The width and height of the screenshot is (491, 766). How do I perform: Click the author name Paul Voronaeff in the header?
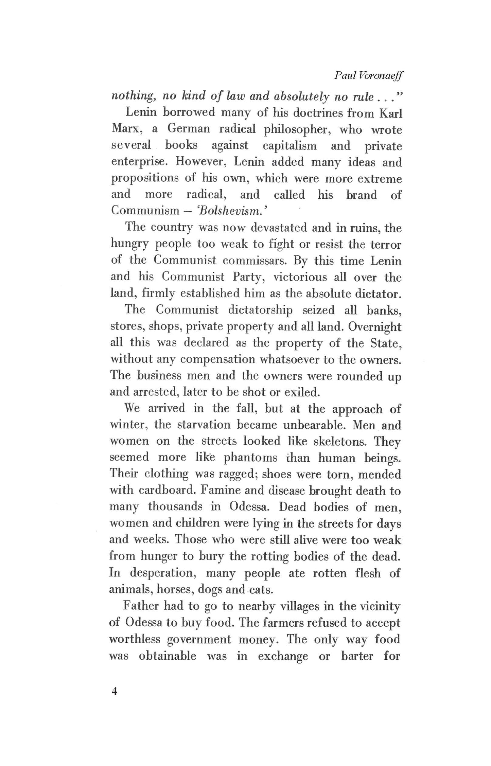pyautogui.click(x=368, y=75)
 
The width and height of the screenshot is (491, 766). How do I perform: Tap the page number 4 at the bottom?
pyautogui.click(x=114, y=691)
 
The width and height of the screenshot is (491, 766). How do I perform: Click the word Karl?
pyautogui.click(x=390, y=113)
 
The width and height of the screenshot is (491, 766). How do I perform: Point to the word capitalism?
pyautogui.click(x=290, y=145)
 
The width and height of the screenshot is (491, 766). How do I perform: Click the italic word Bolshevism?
pyautogui.click(x=229, y=211)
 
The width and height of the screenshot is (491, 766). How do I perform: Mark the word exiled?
pyautogui.click(x=302, y=392)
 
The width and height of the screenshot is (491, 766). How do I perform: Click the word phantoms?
pyautogui.click(x=250, y=458)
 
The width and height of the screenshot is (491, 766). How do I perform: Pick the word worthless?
pyautogui.click(x=134, y=639)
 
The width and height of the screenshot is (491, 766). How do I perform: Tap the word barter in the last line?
pyautogui.click(x=356, y=656)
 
